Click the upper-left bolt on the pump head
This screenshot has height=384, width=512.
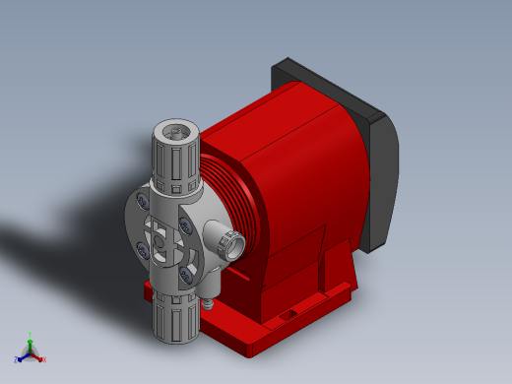[144, 203]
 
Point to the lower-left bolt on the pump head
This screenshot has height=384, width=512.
[145, 253]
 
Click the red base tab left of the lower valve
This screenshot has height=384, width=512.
[149, 291]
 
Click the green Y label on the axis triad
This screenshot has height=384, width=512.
[31, 335]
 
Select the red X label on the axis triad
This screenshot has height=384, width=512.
[44, 359]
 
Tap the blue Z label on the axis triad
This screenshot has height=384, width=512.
[17, 359]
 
